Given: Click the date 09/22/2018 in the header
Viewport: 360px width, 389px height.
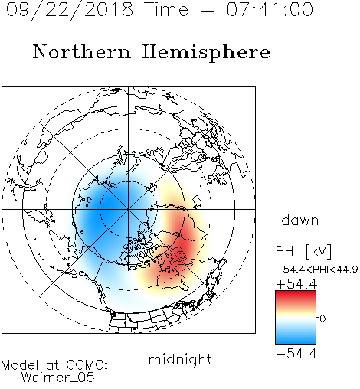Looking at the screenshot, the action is [x=70, y=10].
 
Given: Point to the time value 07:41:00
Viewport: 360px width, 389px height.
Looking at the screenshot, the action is [x=270, y=9].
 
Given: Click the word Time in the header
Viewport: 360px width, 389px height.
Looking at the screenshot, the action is [x=166, y=9].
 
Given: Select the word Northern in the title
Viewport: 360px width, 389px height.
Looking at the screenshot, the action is [x=82, y=51].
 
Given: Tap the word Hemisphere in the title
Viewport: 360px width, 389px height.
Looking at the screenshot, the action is [x=206, y=53].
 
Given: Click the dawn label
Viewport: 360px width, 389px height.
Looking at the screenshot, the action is [x=300, y=220].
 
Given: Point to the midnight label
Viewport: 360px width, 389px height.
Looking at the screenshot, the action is [x=180, y=359].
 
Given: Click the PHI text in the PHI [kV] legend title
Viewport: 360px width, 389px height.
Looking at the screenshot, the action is [x=286, y=251].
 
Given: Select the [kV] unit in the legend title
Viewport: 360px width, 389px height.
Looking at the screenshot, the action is [x=318, y=251].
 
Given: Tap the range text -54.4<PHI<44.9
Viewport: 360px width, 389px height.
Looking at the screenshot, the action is [x=316, y=270].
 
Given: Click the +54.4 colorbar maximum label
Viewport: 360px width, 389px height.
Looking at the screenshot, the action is [x=296, y=284].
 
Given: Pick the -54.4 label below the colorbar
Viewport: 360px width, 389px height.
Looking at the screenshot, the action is [x=296, y=354].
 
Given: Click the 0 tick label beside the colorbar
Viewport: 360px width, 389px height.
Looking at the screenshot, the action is [x=322, y=319].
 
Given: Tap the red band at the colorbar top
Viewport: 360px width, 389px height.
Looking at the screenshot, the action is [x=296, y=296].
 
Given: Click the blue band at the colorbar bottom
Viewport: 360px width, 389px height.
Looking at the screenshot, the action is [x=296, y=338].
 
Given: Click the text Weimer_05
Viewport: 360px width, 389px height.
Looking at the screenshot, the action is [x=58, y=378].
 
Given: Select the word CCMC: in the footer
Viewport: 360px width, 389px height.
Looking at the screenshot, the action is [x=87, y=365].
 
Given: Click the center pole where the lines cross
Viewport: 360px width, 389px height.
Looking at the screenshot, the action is [x=129, y=209].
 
